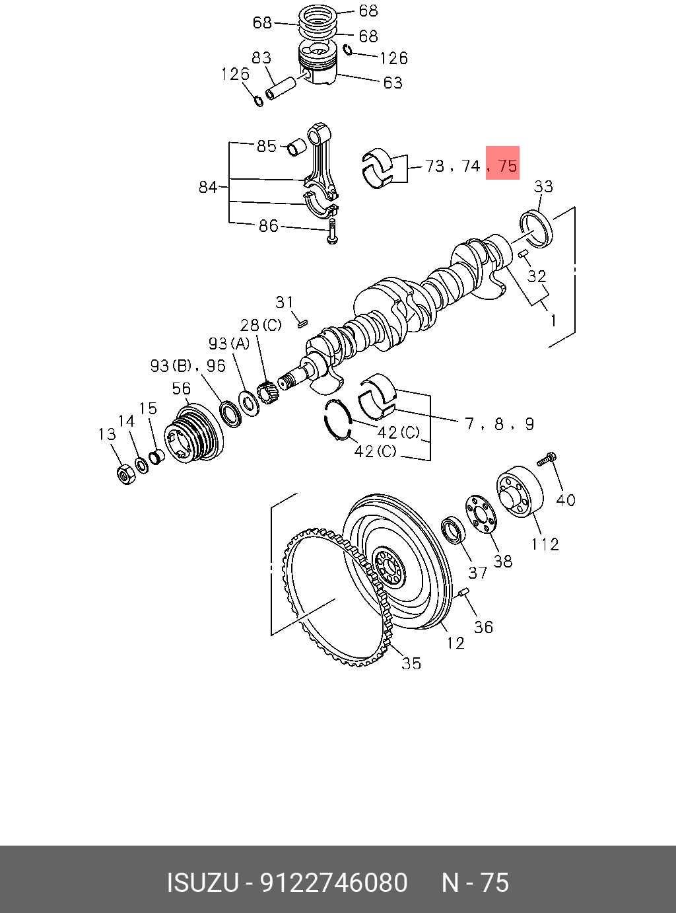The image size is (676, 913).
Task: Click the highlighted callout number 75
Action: (507, 165)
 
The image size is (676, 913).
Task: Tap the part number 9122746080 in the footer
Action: (334, 883)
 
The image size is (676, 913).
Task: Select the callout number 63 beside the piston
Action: (392, 83)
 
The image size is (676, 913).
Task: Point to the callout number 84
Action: (208, 188)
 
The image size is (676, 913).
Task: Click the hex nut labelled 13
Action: (124, 474)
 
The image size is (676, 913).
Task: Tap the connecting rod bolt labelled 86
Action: (332, 233)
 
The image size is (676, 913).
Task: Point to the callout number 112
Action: (545, 544)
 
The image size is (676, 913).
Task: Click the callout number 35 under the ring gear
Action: (411, 663)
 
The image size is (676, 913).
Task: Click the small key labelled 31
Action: (302, 323)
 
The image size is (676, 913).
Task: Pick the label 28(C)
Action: (260, 325)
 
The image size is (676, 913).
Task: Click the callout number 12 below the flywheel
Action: (456, 642)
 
